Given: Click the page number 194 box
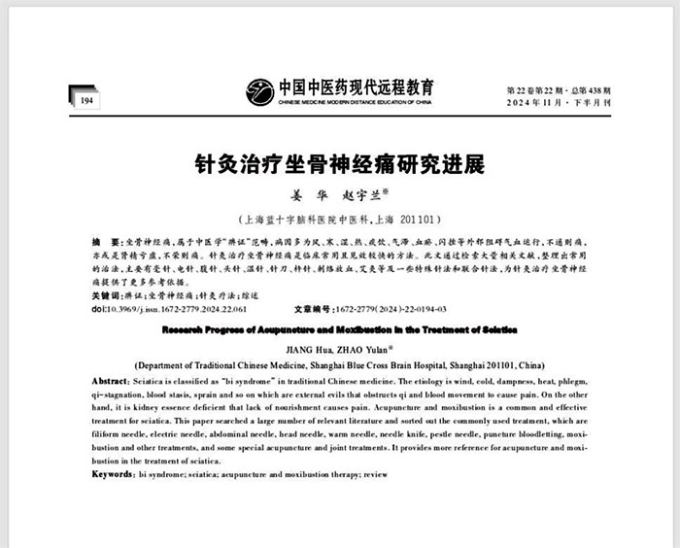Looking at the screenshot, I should pos(85,100).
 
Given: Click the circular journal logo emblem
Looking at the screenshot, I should pos(260,91).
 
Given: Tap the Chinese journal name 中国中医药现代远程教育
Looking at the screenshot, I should pos(357,86).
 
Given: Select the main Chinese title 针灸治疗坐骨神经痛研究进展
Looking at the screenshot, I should pos(339,161).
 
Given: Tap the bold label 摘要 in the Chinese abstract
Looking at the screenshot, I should pos(98,240).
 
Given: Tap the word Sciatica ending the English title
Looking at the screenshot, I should pos(494,330).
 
